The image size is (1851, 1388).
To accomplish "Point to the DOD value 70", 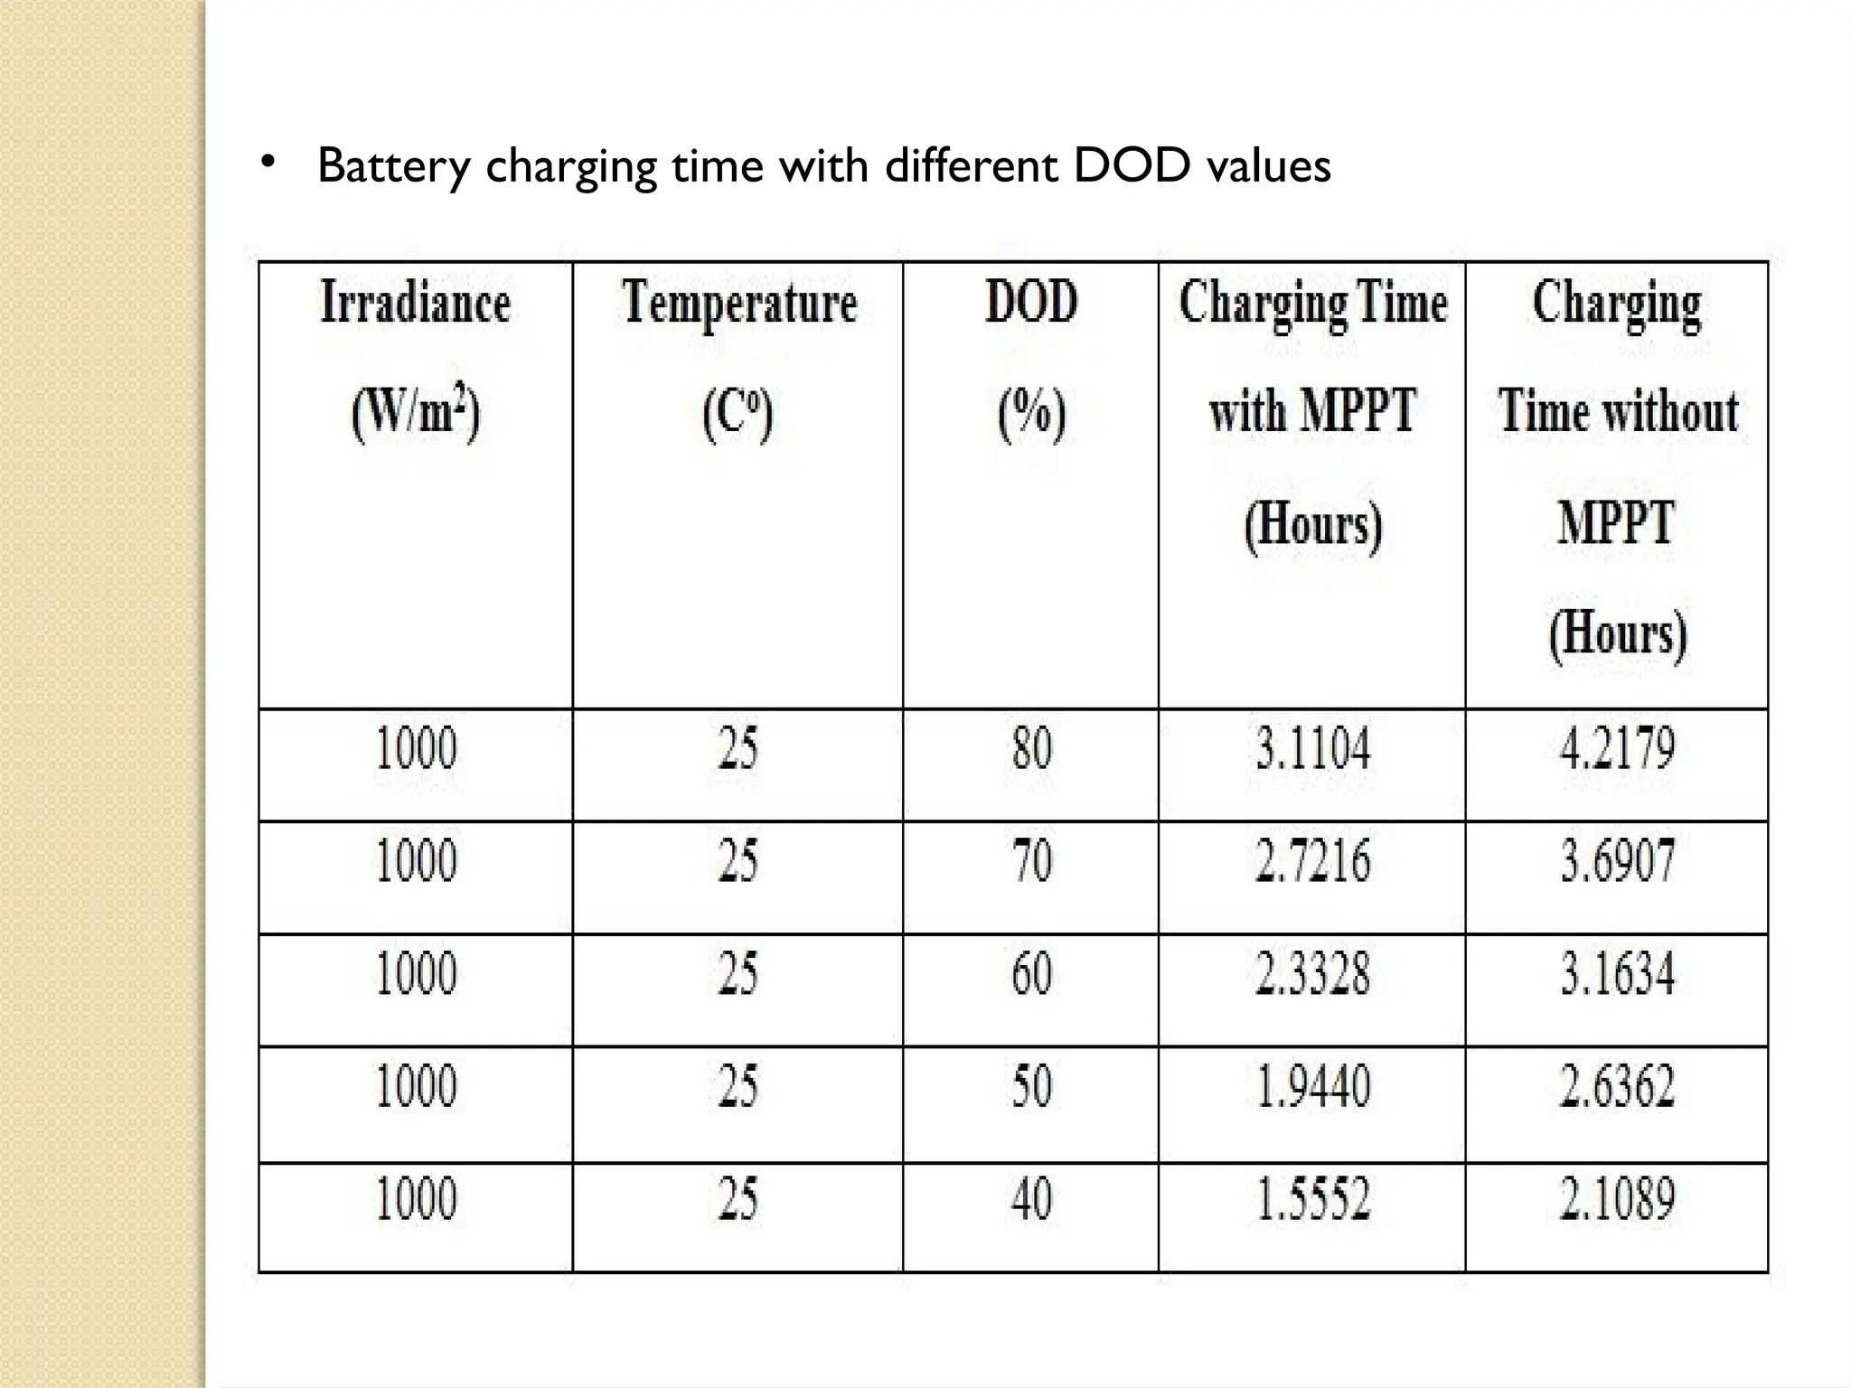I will (1031, 860).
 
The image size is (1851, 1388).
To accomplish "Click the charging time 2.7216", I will (1312, 860).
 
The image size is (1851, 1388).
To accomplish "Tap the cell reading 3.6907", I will (1617, 860).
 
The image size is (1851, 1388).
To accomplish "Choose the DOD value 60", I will (1031, 973).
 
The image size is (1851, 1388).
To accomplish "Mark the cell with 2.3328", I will (1312, 973).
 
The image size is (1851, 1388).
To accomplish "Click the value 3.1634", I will (1617, 973).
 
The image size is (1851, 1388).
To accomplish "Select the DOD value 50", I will (1031, 1086).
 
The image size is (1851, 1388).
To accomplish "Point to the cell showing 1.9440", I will (1312, 1086).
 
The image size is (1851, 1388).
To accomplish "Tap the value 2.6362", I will (1617, 1086).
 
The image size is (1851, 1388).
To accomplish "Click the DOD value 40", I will (1031, 1199).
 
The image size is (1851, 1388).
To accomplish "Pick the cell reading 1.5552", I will (1312, 1199).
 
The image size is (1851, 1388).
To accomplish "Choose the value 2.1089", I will (1617, 1199).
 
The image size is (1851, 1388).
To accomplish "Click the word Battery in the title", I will (394, 166).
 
